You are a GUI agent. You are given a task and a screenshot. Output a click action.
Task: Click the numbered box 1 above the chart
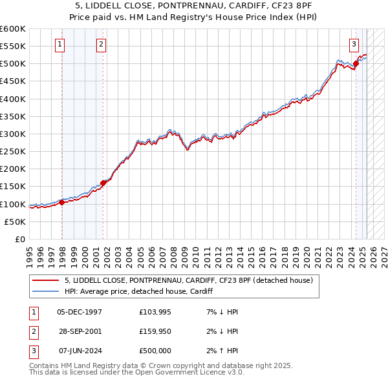[x=59, y=45]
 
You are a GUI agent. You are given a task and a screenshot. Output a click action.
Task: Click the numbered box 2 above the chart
[x=102, y=45]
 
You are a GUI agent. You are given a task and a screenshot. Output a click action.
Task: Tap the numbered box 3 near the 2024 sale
[x=354, y=45]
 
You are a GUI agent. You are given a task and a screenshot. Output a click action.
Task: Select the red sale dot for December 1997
[x=62, y=202]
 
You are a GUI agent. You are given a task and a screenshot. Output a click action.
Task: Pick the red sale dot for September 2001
[x=103, y=183]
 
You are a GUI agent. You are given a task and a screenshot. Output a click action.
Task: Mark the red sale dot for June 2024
[x=356, y=63]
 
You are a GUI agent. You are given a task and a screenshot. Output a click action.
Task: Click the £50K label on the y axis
[x=16, y=221]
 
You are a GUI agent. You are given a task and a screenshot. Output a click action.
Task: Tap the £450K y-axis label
[x=13, y=81]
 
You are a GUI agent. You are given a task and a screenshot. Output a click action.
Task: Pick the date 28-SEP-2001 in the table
[x=80, y=331]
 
